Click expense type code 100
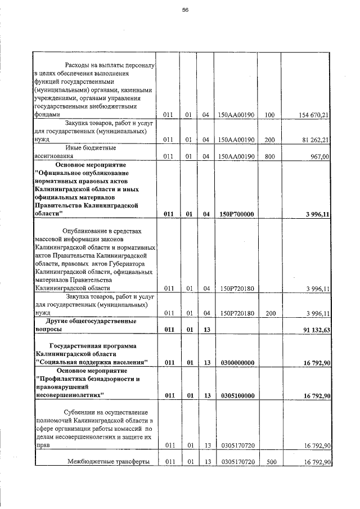(x=269, y=115)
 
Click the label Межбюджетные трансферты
(x=108, y=462)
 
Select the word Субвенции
(x=84, y=412)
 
